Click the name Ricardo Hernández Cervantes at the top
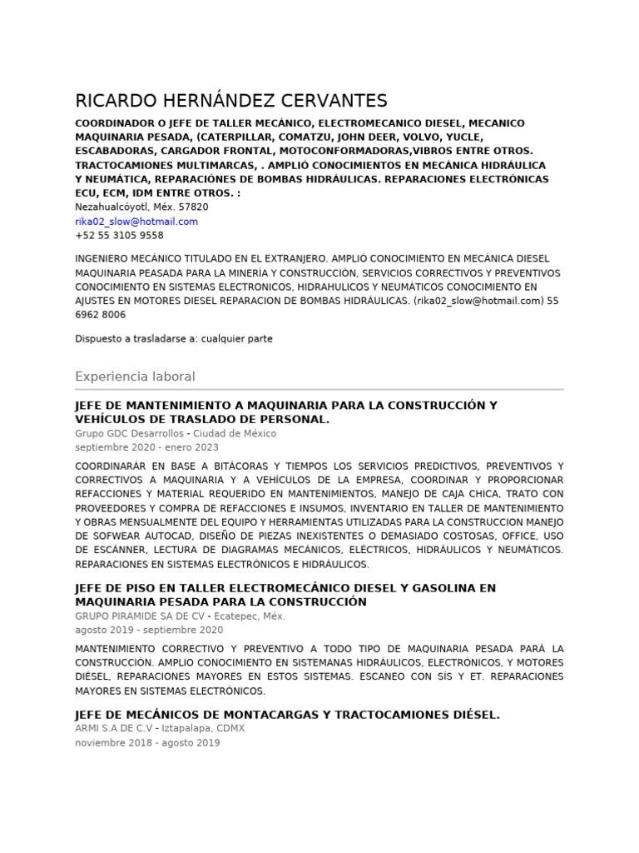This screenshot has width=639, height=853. pos(231,102)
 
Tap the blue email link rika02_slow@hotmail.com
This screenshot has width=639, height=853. pos(136,222)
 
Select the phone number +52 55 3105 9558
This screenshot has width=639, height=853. pos(119,236)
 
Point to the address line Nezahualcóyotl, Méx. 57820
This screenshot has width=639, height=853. pos(141,207)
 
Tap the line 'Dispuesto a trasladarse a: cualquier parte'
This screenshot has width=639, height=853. pos(174,339)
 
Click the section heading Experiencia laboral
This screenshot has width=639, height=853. pos(135,377)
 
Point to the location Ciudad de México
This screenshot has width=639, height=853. pos(235,434)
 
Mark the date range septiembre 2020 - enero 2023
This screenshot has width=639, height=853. pos(146,447)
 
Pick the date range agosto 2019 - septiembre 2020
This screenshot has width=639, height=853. pos(149,631)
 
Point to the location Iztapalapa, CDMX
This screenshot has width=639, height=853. pos(203,729)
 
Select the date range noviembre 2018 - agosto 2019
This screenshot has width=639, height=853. pos(147,743)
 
